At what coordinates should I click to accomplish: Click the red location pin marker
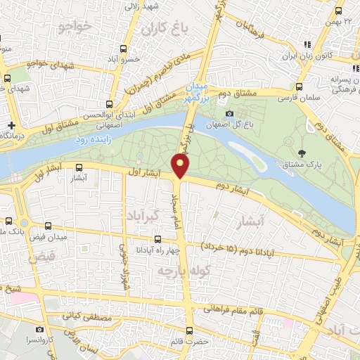[x=181, y=166]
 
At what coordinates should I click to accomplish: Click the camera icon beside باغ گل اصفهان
[x=229, y=114]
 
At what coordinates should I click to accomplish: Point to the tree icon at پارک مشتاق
[x=302, y=153]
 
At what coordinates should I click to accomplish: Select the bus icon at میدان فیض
[x=49, y=226]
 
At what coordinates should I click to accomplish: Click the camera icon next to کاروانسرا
[x=41, y=328]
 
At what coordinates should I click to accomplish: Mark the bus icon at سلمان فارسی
[x=300, y=87]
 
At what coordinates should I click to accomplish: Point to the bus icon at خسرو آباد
[x=124, y=49]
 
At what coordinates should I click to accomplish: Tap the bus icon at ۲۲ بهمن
[x=339, y=11]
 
